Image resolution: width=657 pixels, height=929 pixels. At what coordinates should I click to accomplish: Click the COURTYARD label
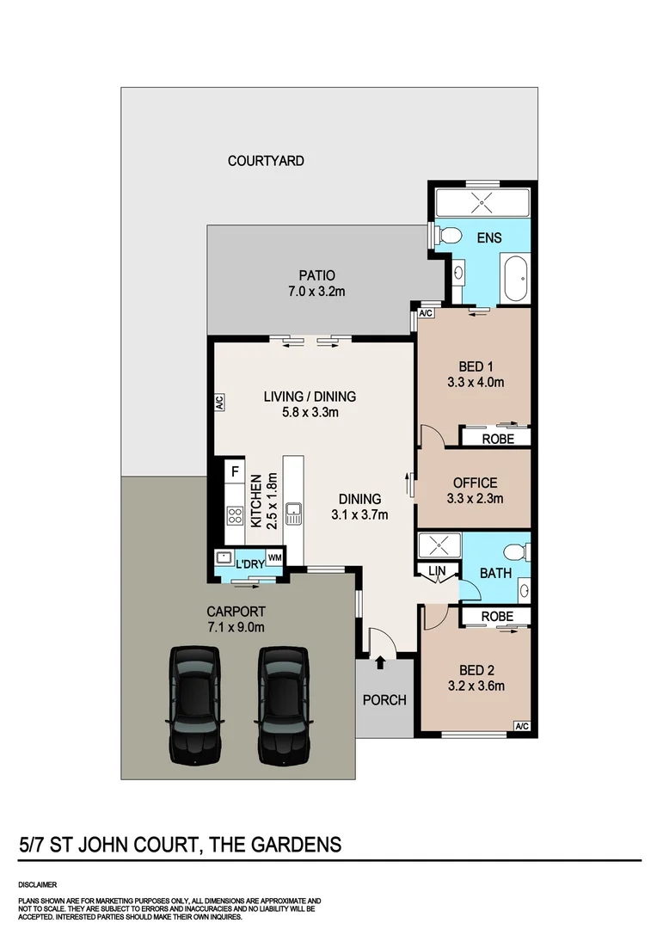266,161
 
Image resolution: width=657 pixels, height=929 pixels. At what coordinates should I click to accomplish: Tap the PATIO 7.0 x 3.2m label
316,283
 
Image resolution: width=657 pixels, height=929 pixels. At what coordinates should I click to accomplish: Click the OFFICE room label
475,483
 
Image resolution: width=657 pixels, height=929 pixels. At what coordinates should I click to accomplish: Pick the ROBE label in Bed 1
497,438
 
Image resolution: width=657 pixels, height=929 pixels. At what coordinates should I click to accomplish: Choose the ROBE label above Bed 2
497,617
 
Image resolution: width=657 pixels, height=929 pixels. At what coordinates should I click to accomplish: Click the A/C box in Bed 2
521,726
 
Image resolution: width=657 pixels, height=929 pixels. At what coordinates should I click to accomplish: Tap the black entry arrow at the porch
380,661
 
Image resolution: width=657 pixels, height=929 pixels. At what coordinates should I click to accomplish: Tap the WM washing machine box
274,557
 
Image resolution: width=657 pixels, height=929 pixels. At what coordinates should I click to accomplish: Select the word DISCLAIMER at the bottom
37,884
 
